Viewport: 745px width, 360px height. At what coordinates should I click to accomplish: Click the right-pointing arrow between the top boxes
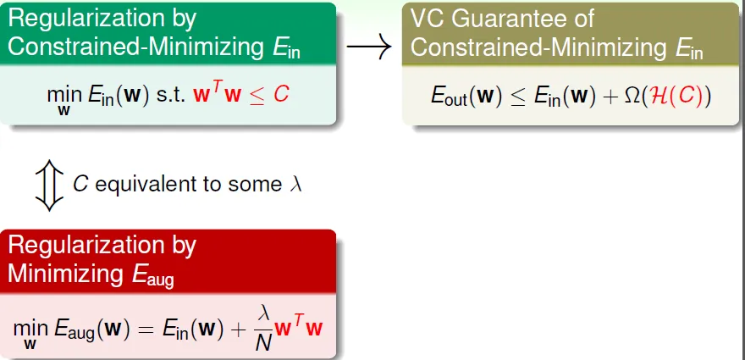click(369, 46)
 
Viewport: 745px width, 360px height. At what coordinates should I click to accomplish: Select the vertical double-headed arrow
click(49, 186)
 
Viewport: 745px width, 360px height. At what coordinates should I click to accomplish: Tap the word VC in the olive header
click(426, 19)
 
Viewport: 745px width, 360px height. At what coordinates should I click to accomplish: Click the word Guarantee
click(521, 19)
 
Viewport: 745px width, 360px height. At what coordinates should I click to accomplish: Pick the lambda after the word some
click(295, 184)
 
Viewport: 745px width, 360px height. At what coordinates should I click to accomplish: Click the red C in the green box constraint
click(281, 95)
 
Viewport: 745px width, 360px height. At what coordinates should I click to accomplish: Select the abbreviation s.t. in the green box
click(173, 96)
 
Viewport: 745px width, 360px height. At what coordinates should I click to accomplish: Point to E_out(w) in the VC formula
click(466, 96)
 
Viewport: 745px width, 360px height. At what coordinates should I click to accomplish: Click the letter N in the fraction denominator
click(263, 342)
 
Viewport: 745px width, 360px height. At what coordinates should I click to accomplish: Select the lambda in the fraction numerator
click(264, 314)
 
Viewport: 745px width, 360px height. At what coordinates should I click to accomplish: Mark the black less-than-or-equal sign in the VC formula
click(518, 97)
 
